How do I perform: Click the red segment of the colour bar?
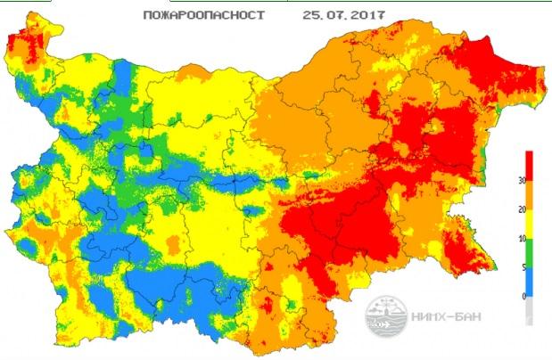click(531, 166)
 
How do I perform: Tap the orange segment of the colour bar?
click(531, 194)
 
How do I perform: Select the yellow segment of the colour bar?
click(531, 223)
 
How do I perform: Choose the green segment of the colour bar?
click(531, 252)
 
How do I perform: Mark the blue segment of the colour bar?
click(531, 281)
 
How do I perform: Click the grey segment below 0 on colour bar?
click(531, 309)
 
